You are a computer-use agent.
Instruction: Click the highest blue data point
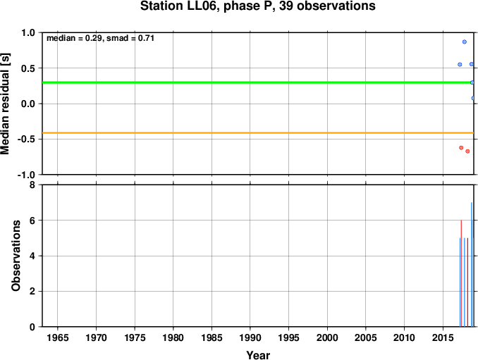[x=465, y=42]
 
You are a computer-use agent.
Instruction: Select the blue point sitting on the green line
[x=472, y=82]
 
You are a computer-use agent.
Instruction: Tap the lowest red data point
[x=467, y=151]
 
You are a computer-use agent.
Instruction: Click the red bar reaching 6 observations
[x=461, y=273]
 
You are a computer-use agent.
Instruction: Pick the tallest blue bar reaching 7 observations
[x=472, y=264]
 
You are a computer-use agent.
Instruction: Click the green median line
[x=258, y=82]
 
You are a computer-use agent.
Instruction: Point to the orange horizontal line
[x=258, y=132]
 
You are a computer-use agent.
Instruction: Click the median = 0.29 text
[x=74, y=38]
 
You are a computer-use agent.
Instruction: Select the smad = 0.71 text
[x=130, y=38]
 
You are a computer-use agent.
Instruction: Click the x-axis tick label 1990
[x=250, y=337]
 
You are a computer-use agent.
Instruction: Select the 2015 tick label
[x=443, y=337]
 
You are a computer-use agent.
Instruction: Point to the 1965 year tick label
[x=58, y=337]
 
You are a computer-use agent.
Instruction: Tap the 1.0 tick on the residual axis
[x=30, y=32]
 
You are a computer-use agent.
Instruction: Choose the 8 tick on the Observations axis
[x=32, y=185]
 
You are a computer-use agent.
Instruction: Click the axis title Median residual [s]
[x=5, y=104]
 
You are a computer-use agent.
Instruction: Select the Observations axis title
[x=16, y=256]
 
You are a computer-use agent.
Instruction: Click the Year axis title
[x=258, y=355]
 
